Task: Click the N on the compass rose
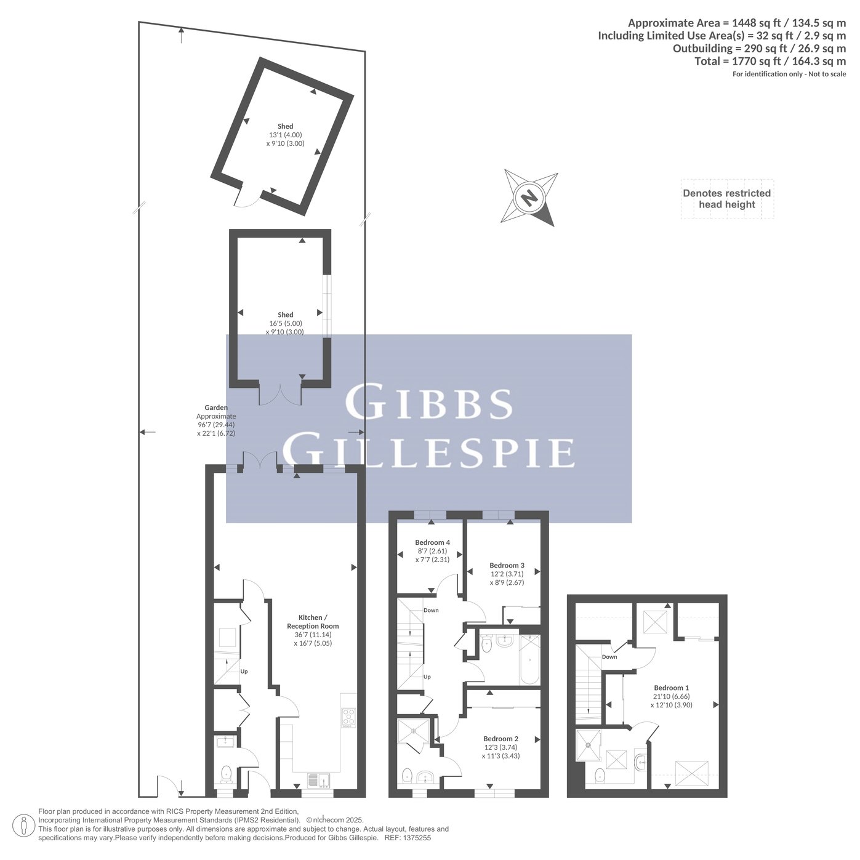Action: tap(529, 197)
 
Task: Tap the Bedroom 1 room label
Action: tap(671, 688)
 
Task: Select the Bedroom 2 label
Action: tap(500, 739)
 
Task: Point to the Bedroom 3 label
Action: tap(507, 566)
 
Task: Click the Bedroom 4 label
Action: tap(432, 542)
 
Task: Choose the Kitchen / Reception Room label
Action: tap(313, 622)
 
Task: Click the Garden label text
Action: tap(216, 408)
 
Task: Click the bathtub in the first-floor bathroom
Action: tap(530, 659)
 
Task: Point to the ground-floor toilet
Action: tap(227, 773)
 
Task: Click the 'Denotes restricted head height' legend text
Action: tap(726, 199)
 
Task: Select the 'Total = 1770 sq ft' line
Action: tap(770, 61)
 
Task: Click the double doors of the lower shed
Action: tap(280, 394)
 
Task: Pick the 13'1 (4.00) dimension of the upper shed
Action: tap(285, 135)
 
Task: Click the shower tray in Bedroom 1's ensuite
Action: tap(589, 744)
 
